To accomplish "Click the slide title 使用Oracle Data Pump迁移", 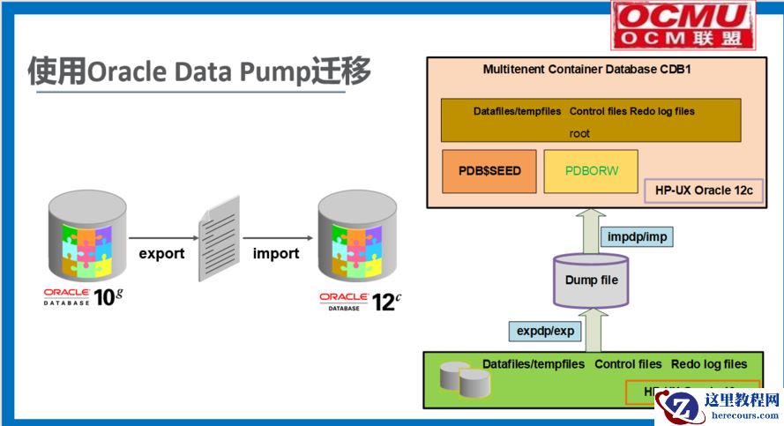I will pyautogui.click(x=198, y=71).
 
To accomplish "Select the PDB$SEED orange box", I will pyautogui.click(x=489, y=171).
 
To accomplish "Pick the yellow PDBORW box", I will pyautogui.click(x=591, y=171).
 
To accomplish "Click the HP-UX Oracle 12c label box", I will pyautogui.click(x=704, y=191).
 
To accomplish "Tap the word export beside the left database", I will pyautogui.click(x=161, y=253).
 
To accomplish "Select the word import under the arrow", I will pyautogui.click(x=276, y=253).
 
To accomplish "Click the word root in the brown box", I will pyautogui.click(x=579, y=133).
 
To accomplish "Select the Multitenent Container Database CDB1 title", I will pyautogui.click(x=586, y=69).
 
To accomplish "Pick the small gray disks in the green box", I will pyautogui.click(x=464, y=377).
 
